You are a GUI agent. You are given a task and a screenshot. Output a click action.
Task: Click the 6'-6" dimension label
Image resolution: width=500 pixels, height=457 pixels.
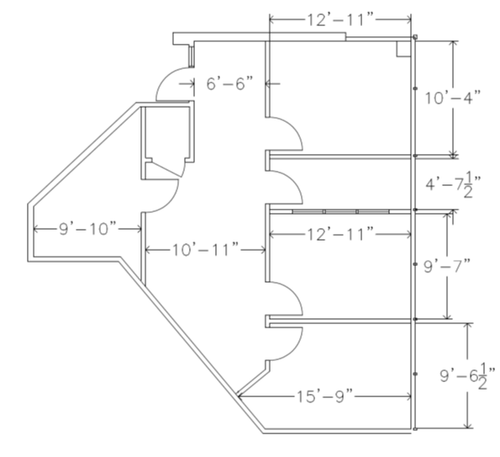[x=229, y=83]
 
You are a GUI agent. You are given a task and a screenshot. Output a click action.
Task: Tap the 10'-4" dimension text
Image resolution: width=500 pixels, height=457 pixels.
[x=452, y=98]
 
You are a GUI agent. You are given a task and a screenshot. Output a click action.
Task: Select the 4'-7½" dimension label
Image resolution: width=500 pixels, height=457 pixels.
[x=454, y=184]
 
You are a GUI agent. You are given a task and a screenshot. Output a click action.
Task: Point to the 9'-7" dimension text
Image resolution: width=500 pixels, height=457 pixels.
[x=447, y=266]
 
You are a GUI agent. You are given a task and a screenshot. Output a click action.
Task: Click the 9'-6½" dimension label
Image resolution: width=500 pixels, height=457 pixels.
[x=468, y=376]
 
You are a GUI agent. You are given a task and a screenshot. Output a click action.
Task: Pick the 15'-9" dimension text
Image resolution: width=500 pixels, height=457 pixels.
[x=325, y=396]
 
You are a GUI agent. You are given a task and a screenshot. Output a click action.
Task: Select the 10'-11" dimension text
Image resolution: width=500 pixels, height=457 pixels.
[x=206, y=250]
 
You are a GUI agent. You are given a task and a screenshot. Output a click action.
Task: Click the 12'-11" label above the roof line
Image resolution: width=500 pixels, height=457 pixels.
[x=340, y=19]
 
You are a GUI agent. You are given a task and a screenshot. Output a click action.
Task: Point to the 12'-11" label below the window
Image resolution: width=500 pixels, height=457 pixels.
[x=340, y=235]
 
